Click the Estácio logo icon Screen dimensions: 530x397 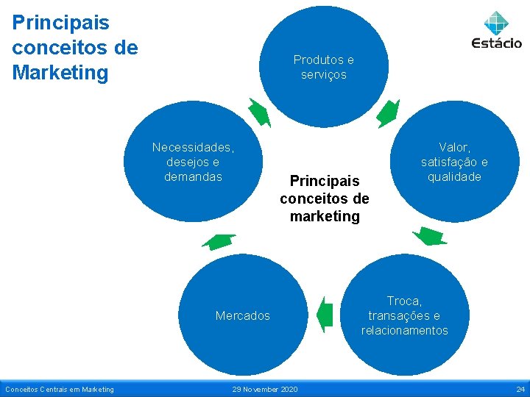pos(497,22)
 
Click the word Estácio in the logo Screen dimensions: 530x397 pos(497,43)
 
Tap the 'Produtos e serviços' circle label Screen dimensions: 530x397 pos(324,67)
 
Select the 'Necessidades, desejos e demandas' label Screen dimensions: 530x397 pos(193,162)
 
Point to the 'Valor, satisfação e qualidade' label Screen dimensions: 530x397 pos(454,162)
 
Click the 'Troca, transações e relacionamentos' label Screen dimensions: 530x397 pos(404,315)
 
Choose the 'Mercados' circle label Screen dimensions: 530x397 pos(243,315)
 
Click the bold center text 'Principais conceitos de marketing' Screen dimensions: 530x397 pos(325,198)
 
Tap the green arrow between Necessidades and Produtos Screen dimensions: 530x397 pos(260,112)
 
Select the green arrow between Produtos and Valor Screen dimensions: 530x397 pos(388,113)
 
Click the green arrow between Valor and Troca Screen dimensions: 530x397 pos(429,236)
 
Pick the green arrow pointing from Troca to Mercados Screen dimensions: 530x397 pos(325,315)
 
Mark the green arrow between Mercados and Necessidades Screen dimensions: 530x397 pos(219,241)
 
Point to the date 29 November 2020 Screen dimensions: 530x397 pos(264,389)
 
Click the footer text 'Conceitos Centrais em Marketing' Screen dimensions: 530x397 pos(60,389)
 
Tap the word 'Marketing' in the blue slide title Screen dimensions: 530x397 pos(60,73)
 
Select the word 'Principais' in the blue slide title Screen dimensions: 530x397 pos(60,23)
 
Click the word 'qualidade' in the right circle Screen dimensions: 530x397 pos(454,176)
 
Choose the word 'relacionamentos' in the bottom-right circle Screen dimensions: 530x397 pos(404,330)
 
